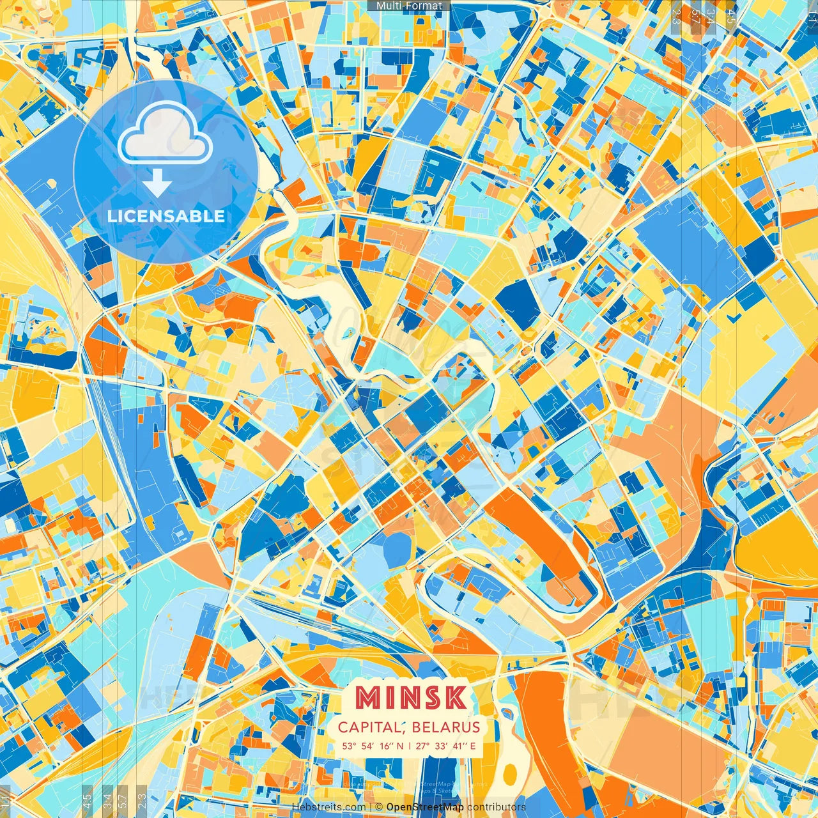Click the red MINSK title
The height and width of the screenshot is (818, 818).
point(410,698)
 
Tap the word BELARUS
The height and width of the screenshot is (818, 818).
point(445,727)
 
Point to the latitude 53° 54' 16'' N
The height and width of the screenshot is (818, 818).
point(373,746)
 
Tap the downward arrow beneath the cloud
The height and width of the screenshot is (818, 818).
point(157,184)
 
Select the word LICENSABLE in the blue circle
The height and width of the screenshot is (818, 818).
point(166,216)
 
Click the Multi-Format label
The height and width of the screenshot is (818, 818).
point(409,6)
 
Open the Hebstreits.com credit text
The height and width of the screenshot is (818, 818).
point(328,807)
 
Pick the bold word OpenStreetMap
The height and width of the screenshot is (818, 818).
point(425,807)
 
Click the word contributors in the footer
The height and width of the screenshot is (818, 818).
point(496,807)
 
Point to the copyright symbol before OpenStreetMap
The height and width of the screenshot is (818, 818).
point(379,807)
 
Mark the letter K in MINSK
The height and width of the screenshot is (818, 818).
point(456,698)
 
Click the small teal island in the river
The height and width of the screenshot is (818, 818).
point(348,332)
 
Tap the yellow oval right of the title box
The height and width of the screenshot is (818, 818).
point(509,774)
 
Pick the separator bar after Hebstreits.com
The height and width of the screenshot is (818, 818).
point(371,807)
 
